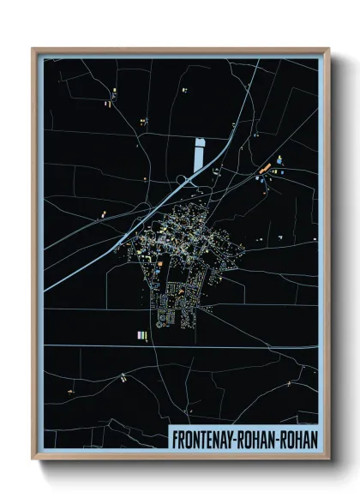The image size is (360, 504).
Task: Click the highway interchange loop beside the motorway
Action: (x=183, y=178)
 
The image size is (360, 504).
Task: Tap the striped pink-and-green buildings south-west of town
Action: (x=142, y=333)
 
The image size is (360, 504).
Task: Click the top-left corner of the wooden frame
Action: (x=33, y=50)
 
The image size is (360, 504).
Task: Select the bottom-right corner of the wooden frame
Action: (x=328, y=457)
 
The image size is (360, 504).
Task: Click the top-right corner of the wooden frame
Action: (x=328, y=50)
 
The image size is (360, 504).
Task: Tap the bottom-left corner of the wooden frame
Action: (x=33, y=457)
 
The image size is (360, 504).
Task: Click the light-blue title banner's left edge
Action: (x=170, y=437)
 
